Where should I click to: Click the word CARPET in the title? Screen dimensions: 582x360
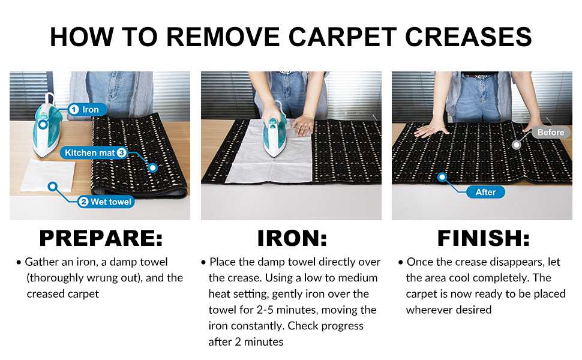click(342, 37)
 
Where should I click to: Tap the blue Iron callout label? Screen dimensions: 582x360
click(87, 109)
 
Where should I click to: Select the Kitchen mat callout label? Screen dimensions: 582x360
click(94, 152)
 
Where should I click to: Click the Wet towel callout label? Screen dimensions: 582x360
click(106, 202)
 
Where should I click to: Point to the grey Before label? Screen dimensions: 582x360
click(551, 132)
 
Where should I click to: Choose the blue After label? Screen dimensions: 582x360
click(485, 192)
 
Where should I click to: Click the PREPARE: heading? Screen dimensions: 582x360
click(101, 238)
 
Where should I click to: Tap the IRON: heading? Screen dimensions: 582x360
click(292, 238)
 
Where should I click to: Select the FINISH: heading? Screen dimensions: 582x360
click(483, 238)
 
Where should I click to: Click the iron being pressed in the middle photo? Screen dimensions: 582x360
click(275, 132)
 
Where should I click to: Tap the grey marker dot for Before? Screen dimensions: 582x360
click(517, 145)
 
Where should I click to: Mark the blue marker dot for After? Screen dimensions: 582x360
click(442, 177)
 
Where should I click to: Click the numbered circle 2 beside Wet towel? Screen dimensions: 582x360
click(84, 202)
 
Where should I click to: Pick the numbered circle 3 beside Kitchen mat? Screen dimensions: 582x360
click(121, 152)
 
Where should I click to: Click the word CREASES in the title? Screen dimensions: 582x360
click(469, 37)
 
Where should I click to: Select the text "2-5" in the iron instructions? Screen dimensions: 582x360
click(265, 310)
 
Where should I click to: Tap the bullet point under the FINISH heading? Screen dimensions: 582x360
click(400, 262)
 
